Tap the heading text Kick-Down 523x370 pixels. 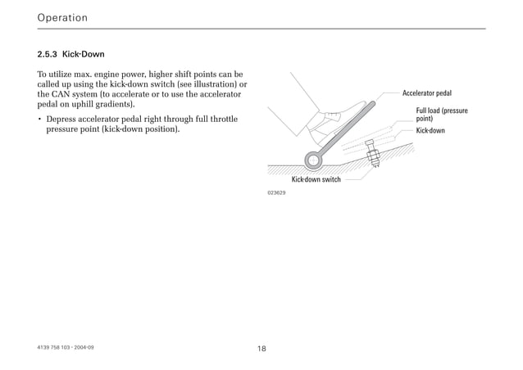(84, 55)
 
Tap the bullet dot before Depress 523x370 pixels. (39, 120)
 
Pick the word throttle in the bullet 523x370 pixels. (221, 120)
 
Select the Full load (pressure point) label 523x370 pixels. (442, 115)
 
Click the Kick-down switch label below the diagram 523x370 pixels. (316, 179)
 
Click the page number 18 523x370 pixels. (261, 349)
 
